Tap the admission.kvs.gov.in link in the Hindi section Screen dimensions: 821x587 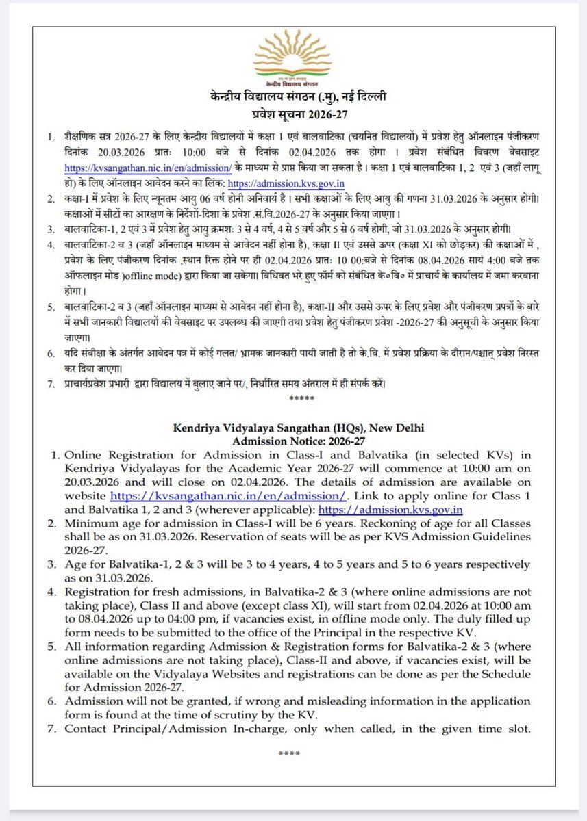[286, 183]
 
